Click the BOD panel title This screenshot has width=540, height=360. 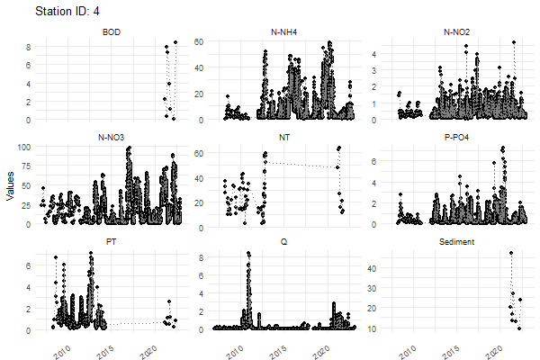tap(112, 33)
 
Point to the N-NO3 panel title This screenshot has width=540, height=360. tap(112, 138)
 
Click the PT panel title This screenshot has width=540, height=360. tap(112, 242)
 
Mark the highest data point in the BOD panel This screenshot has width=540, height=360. tap(175, 42)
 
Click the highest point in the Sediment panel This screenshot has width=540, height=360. tap(511, 253)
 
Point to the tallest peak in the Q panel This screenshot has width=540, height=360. tap(248, 254)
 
